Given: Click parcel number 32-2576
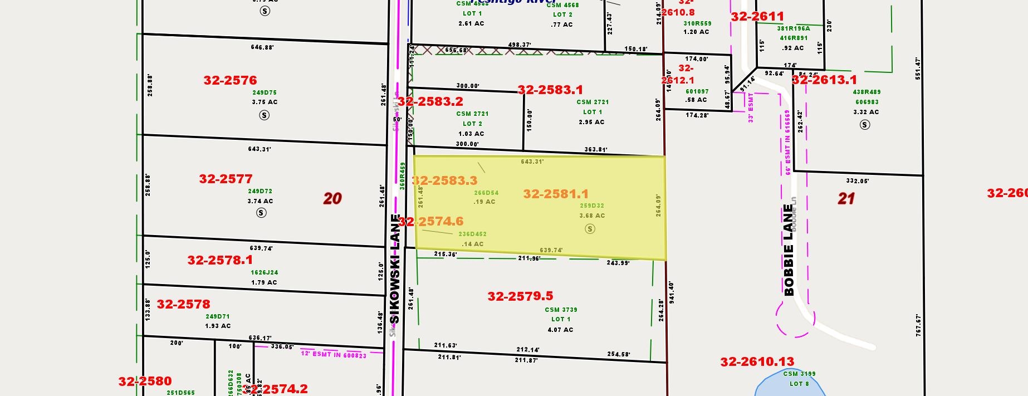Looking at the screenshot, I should pyautogui.click(x=230, y=80).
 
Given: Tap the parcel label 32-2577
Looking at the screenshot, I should pyautogui.click(x=226, y=179).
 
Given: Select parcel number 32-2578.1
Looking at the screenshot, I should pyautogui.click(x=220, y=260).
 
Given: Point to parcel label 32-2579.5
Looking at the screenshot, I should pyautogui.click(x=520, y=296).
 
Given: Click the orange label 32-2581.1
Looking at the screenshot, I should pyautogui.click(x=556, y=194).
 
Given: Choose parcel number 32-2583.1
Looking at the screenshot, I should pyautogui.click(x=550, y=90).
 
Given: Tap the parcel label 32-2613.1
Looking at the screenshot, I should pyautogui.click(x=824, y=80).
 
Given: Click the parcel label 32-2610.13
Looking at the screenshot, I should pyautogui.click(x=757, y=362).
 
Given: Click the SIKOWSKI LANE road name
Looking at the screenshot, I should pyautogui.click(x=395, y=268).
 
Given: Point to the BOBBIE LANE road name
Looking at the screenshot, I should pyautogui.click(x=789, y=250).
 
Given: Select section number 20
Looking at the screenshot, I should pyautogui.click(x=332, y=198).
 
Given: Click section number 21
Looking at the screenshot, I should pyautogui.click(x=846, y=198).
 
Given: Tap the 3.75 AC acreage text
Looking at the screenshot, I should pyautogui.click(x=265, y=102).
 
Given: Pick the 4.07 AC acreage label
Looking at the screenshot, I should pyautogui.click(x=560, y=330).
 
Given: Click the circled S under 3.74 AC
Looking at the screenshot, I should pyautogui.click(x=261, y=213).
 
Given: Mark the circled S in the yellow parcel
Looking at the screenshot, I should pyautogui.click(x=590, y=228).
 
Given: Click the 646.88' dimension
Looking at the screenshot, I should pyautogui.click(x=262, y=47).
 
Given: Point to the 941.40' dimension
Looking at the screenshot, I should pyautogui.click(x=672, y=292).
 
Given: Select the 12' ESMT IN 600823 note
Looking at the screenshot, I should pyautogui.click(x=334, y=354).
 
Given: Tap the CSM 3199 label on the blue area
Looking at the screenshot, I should pyautogui.click(x=799, y=374).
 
